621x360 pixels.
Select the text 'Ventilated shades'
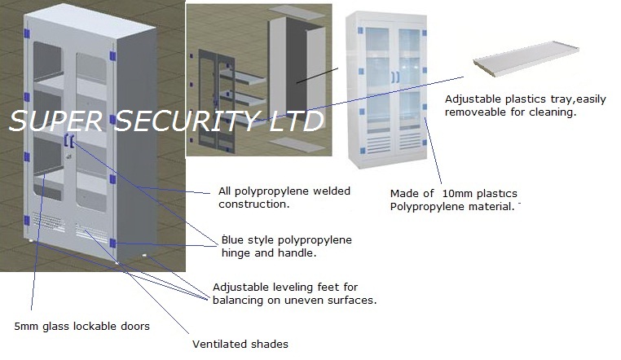(x=240, y=344)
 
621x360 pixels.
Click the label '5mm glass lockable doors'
(x=81, y=327)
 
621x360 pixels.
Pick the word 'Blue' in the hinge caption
(x=234, y=240)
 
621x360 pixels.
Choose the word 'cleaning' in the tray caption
(x=553, y=112)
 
